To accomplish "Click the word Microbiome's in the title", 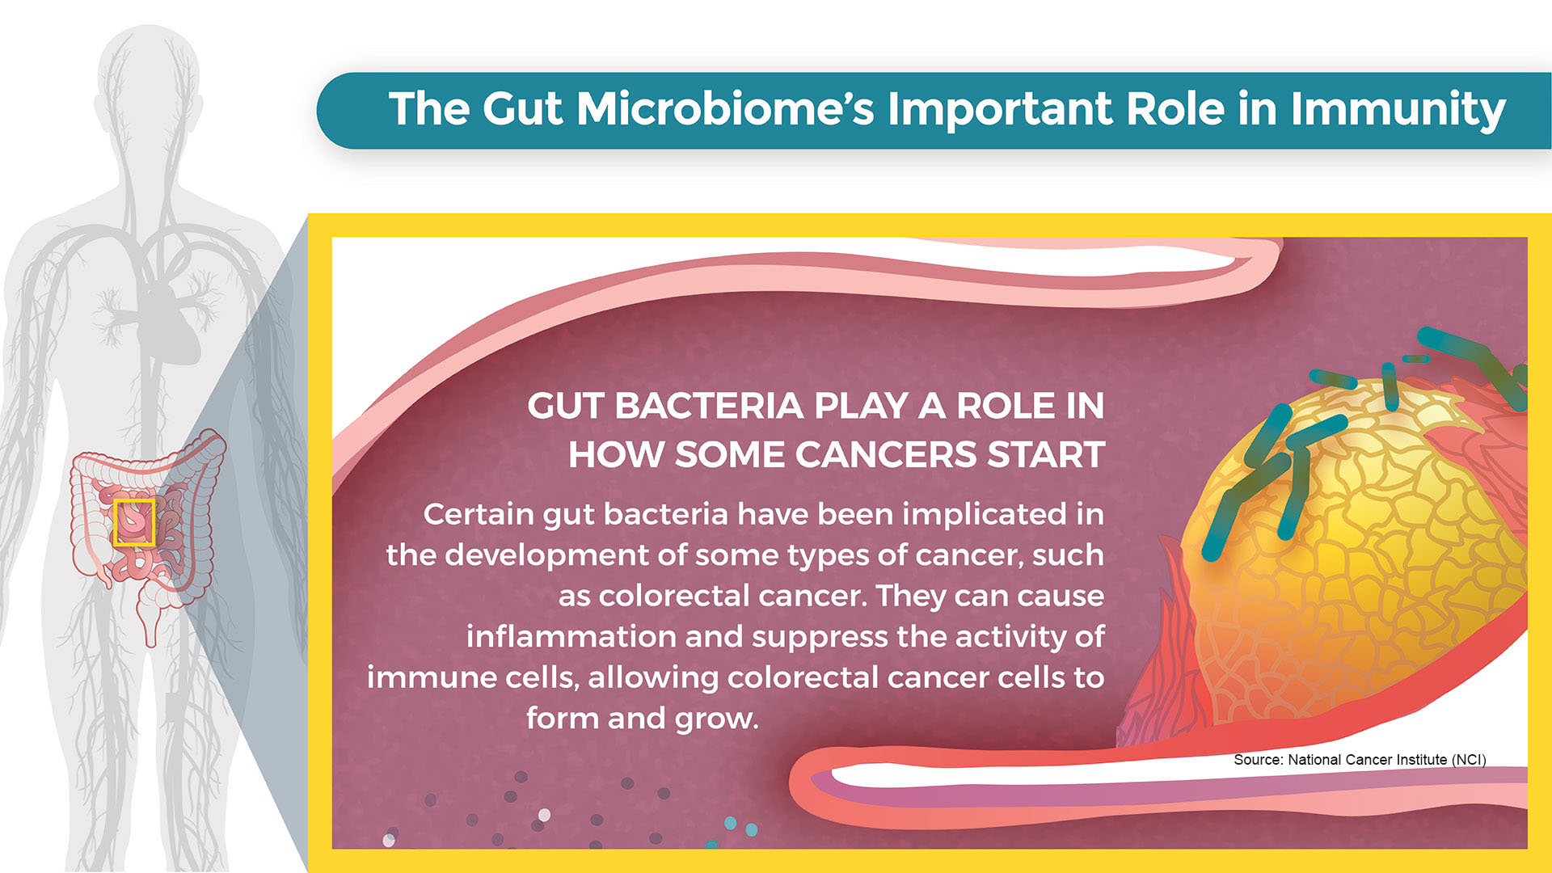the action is tap(725, 108).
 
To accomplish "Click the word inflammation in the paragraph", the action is tap(571, 636).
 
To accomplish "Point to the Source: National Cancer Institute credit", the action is tap(1360, 760).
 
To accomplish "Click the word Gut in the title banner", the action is tap(521, 108).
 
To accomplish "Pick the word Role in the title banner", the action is tap(1175, 108).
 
